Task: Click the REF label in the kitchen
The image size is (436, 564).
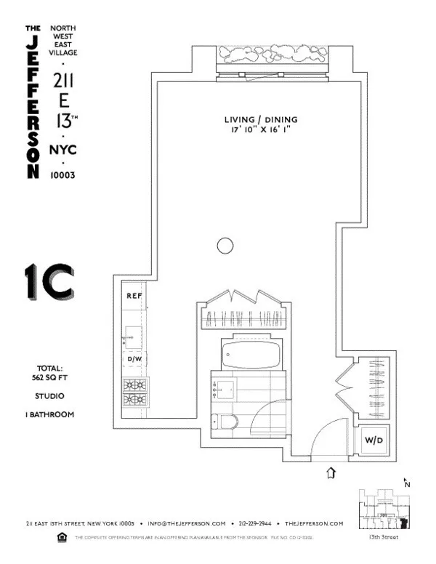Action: click(134, 296)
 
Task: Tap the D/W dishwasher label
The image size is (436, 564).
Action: click(134, 359)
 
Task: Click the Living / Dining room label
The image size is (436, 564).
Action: click(262, 120)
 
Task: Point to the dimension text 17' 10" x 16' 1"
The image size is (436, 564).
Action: click(262, 130)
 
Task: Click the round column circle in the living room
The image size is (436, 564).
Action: click(225, 246)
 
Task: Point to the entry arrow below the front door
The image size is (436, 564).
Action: click(331, 473)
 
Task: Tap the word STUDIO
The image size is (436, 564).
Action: click(50, 396)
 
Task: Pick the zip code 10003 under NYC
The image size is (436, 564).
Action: click(63, 174)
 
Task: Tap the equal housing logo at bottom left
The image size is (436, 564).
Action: click(61, 538)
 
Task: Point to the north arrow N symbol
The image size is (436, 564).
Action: click(407, 483)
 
